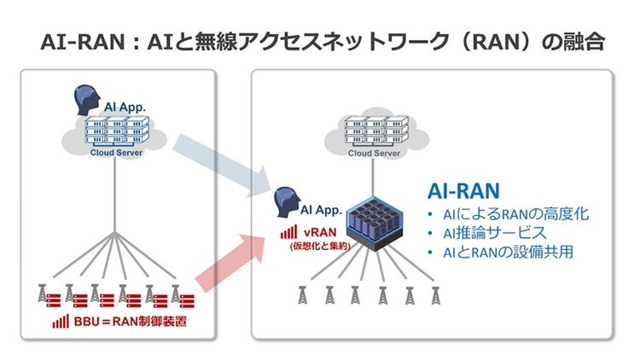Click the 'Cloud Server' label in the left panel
(116, 153)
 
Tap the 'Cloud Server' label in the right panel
(371, 154)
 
